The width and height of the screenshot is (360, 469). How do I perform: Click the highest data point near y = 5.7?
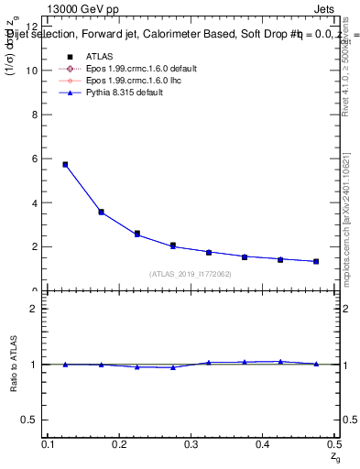point(65,165)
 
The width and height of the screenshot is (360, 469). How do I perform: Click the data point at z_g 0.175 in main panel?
point(101,212)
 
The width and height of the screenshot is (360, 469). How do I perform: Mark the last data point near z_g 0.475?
point(316,261)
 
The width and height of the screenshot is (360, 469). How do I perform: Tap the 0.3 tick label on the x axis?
point(191,444)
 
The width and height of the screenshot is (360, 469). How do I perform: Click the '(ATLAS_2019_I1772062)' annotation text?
point(191,274)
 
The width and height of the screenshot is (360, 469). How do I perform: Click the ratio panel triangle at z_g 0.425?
point(280,362)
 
